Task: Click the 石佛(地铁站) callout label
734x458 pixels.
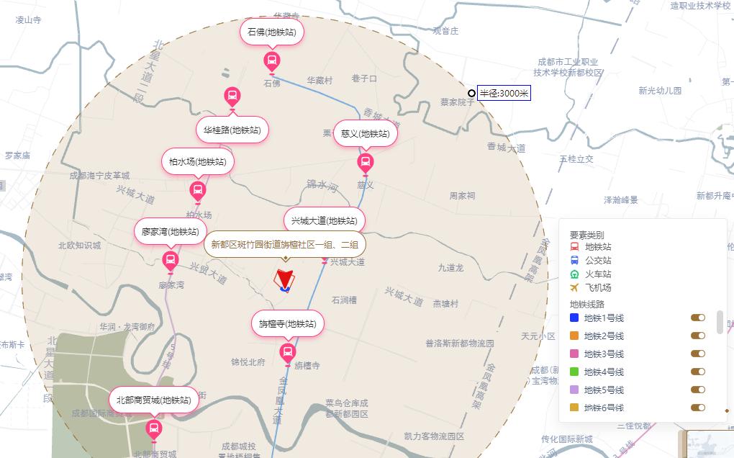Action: (x=271, y=32)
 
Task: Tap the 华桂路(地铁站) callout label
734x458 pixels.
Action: (x=232, y=130)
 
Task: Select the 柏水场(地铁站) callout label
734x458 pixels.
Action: (x=197, y=162)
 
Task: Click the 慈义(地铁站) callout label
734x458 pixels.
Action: (x=365, y=134)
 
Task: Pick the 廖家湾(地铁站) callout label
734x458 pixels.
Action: (x=170, y=232)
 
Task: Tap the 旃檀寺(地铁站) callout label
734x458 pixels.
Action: (x=287, y=324)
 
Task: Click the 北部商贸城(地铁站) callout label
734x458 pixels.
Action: (x=153, y=400)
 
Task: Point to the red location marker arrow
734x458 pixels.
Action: (x=285, y=279)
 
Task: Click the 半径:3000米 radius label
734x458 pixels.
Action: (x=504, y=94)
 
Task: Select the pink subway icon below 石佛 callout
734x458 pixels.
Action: (x=272, y=60)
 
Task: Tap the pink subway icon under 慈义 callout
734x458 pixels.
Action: (x=366, y=162)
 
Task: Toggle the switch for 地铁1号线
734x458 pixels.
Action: (x=697, y=318)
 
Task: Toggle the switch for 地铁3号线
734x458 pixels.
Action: (x=697, y=354)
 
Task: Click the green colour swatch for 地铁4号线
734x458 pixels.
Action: (x=574, y=372)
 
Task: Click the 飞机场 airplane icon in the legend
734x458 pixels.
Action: (x=574, y=287)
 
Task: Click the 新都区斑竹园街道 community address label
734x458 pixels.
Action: (x=284, y=244)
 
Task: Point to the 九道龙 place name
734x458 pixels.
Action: (x=451, y=268)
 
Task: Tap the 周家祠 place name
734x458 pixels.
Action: (x=462, y=196)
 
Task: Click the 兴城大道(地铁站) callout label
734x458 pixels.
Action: (x=324, y=220)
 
